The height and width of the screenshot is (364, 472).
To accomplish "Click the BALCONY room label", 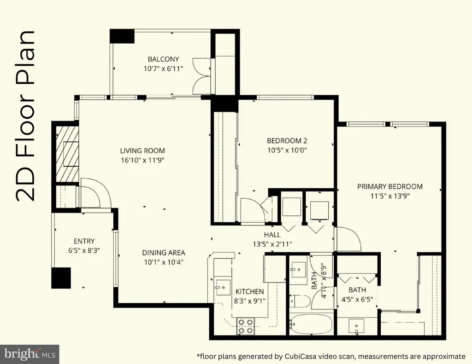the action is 163,59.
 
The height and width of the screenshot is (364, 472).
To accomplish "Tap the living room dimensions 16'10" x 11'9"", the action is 142,160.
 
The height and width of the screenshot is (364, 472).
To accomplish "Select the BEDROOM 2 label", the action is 287,141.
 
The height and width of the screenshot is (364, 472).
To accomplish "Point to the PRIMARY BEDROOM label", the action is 390,186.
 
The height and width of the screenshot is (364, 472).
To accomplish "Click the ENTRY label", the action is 84,241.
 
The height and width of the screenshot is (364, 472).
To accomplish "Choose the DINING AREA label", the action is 164,253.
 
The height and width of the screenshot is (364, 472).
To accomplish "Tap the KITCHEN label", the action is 249,292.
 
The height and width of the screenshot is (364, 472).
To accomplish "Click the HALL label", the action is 272,235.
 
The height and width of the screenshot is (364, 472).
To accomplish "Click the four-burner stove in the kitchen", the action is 246,326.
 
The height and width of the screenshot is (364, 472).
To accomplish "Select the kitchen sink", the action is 223,287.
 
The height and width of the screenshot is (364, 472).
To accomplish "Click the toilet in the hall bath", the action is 300,301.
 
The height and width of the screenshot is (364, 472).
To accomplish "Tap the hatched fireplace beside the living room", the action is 67,154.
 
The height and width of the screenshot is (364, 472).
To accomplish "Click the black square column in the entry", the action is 61,278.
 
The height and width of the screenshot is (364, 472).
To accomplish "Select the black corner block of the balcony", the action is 122,36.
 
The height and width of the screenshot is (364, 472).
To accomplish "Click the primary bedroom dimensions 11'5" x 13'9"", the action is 390,196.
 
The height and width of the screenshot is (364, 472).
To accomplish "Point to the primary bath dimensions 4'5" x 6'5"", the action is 357,300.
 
